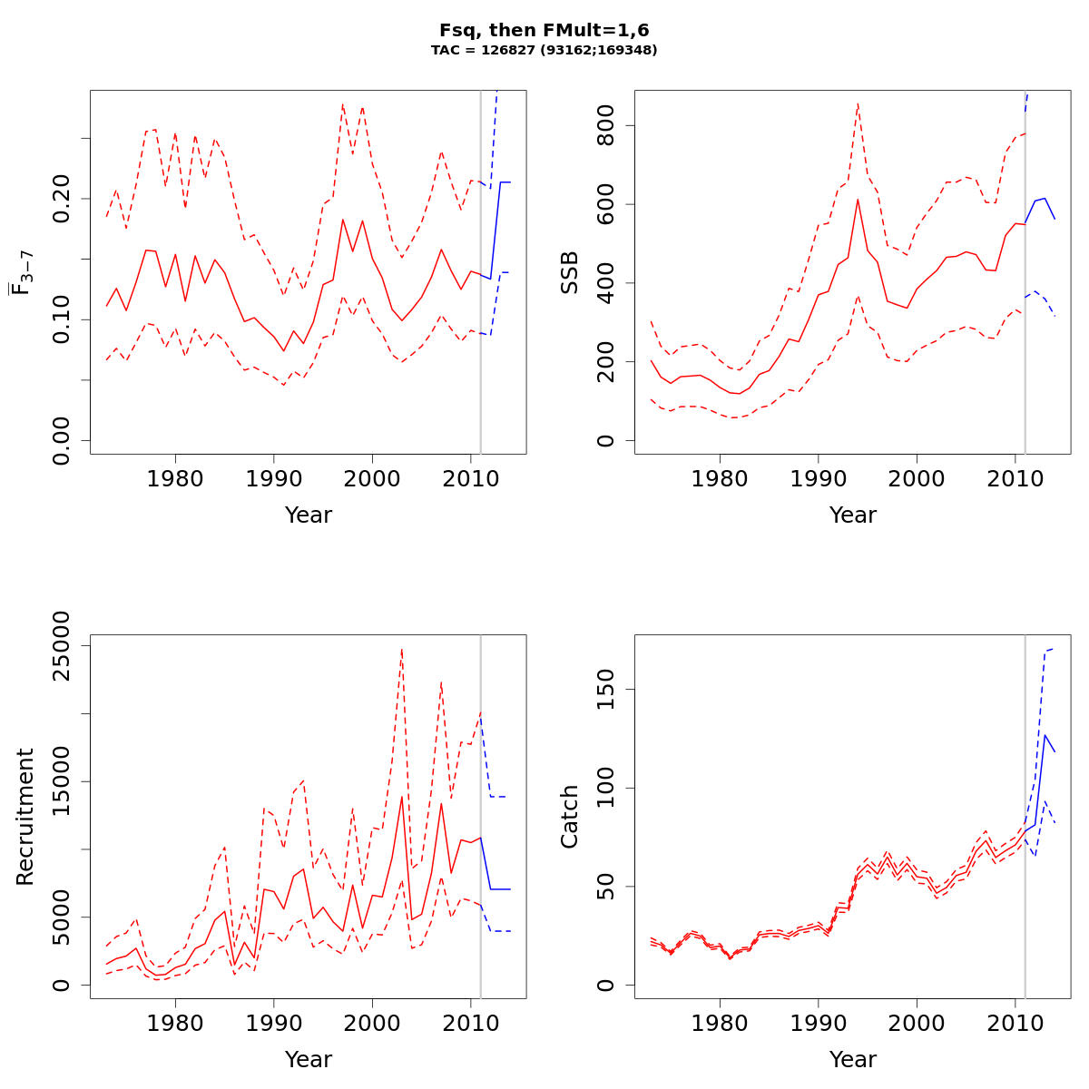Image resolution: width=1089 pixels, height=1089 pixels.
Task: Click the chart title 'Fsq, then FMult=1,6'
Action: click(544, 31)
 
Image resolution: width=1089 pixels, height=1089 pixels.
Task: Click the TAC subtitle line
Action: click(544, 51)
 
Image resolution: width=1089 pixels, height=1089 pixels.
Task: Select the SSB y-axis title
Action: click(570, 272)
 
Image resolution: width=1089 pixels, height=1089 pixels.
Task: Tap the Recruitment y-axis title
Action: click(25, 817)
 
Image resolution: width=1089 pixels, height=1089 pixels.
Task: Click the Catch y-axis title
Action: click(570, 817)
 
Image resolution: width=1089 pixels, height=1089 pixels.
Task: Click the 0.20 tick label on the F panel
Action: click(62, 198)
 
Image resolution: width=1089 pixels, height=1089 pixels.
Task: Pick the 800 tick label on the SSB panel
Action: click(606, 125)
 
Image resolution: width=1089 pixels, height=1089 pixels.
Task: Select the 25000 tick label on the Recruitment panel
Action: click(62, 645)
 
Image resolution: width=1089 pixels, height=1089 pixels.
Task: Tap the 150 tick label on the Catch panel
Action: click(606, 689)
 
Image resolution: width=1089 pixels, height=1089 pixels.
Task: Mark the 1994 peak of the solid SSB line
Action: click(858, 200)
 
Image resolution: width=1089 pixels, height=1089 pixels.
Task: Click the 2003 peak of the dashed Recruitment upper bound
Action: click(401, 648)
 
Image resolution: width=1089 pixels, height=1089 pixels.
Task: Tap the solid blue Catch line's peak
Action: click(1045, 735)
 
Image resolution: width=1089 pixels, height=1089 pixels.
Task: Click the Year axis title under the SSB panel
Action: click(852, 515)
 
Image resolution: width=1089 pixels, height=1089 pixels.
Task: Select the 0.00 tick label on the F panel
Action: click(62, 441)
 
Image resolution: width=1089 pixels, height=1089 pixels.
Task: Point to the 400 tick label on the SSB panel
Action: click(606, 283)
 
